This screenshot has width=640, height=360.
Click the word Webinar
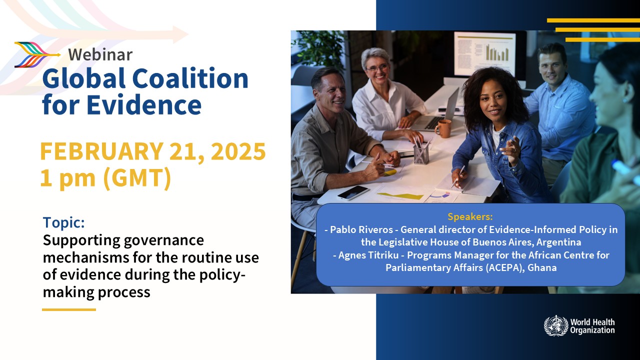(100, 54)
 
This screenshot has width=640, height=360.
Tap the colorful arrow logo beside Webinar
(37, 54)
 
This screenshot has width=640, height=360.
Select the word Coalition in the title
(190, 78)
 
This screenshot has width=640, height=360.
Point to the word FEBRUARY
(101, 151)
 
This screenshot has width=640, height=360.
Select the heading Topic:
(63, 222)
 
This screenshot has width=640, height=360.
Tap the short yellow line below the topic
(69, 309)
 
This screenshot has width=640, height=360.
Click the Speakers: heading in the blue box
(470, 216)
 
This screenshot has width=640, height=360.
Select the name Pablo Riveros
(361, 229)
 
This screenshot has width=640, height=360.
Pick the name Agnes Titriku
(368, 255)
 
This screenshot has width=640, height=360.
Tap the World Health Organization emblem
(556, 325)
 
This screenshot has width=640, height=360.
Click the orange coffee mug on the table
(443, 128)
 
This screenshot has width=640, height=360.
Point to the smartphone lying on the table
(353, 192)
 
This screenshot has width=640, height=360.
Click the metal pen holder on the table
(421, 154)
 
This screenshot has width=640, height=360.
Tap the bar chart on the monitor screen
(497, 53)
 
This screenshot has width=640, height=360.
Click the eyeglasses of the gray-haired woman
(377, 68)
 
